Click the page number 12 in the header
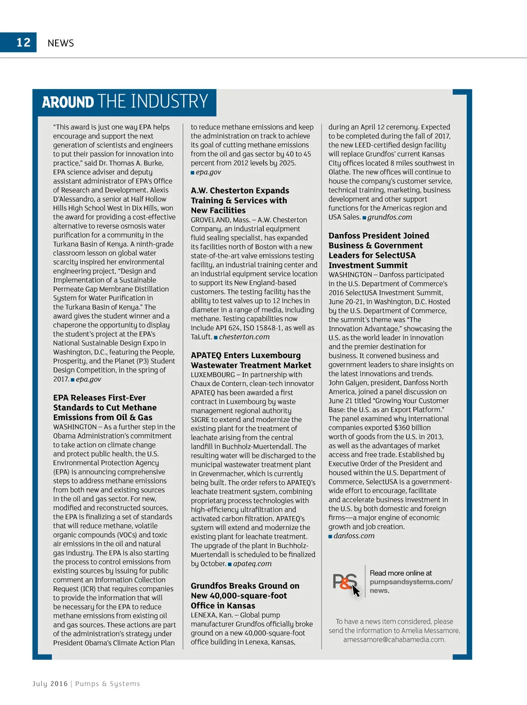coord(24,42)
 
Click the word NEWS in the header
coord(61,43)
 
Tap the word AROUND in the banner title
coord(68,102)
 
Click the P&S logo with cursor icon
coord(345,583)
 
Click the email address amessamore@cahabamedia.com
coord(394,640)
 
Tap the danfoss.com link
coord(354,536)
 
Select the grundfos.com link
coord(390,217)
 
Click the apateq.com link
coord(252,563)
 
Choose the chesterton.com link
coord(244,337)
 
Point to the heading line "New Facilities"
coord(218,210)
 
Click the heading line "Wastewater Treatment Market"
coord(251,365)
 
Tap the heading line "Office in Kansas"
coord(223,606)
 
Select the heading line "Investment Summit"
coord(368,266)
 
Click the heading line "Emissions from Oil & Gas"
coord(103,417)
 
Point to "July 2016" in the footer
coord(50,684)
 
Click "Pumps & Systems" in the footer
coord(108,684)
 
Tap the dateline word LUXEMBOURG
coord(213,375)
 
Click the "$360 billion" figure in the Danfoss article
coord(411,428)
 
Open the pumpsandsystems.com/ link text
coord(411,582)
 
